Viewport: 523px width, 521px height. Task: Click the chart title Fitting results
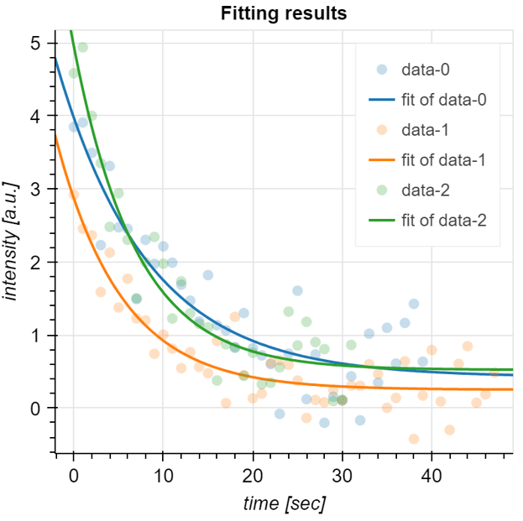pos(283,13)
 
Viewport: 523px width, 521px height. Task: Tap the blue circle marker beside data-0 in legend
pos(381,70)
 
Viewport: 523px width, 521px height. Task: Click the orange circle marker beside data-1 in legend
pos(381,129)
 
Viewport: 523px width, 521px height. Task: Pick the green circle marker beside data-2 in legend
pos(381,190)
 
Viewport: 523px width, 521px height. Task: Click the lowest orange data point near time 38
pos(413,438)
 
